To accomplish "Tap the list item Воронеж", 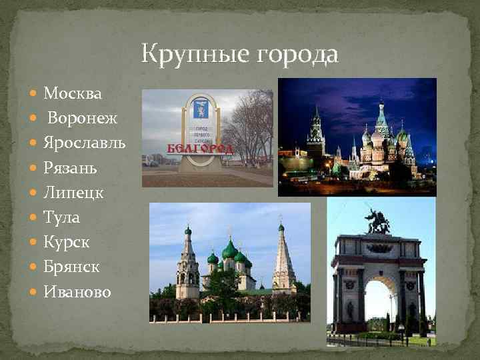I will point(82,118).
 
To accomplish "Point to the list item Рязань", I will point(70,167).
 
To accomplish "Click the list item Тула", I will point(62,217).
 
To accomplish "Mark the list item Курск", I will point(67,241).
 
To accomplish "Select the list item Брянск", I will point(71,266).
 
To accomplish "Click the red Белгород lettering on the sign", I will point(199,148).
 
